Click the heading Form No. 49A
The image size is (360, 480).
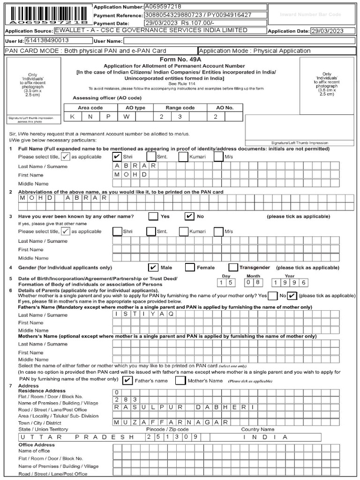click(x=180, y=60)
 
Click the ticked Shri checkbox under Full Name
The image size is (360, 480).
click(x=117, y=157)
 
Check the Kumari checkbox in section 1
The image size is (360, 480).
click(x=184, y=157)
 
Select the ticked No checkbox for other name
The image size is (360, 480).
click(x=189, y=216)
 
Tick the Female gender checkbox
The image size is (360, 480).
click(x=190, y=267)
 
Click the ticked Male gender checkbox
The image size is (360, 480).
click(x=153, y=267)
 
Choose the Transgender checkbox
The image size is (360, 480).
click(x=233, y=267)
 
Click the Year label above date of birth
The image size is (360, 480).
click(x=290, y=276)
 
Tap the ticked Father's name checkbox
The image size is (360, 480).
click(x=127, y=380)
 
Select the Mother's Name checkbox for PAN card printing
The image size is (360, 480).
click(x=180, y=380)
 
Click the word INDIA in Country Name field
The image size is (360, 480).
click(x=265, y=437)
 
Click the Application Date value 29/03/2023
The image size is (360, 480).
click(x=333, y=31)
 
